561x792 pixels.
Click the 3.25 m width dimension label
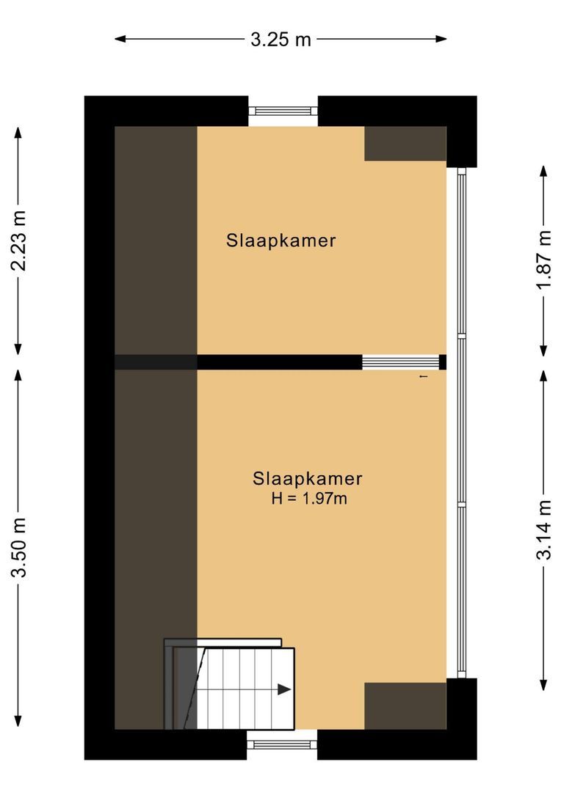280,40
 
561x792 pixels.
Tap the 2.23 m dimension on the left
19,240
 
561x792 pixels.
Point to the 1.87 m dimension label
543,260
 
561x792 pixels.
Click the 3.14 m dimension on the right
543,529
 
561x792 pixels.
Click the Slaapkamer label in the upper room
281,241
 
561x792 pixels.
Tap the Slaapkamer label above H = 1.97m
308,479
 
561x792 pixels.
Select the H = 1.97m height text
308,499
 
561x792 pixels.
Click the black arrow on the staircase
284,689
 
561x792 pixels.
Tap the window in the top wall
283,111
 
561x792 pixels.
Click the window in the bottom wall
282,744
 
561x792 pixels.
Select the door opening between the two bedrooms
400,362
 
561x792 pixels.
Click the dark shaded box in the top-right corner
405,143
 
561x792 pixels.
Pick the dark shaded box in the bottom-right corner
405,705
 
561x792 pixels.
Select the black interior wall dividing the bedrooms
279,362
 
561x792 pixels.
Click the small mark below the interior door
422,377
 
